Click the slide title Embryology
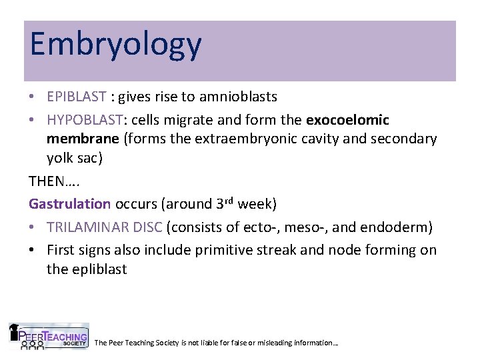click(x=115, y=45)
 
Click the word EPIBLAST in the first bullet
click(x=76, y=97)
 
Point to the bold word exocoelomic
click(x=347, y=119)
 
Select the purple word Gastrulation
click(x=69, y=203)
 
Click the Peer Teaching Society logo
click(x=48, y=337)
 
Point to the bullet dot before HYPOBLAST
click(x=33, y=119)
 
